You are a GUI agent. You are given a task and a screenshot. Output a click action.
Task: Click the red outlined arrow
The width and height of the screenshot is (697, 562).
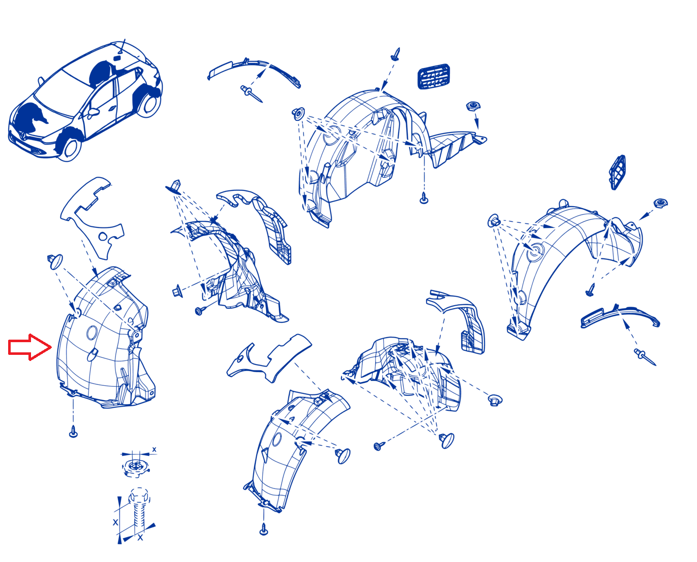pos(30,347)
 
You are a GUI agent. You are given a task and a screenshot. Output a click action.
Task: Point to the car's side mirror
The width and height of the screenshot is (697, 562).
pos(93,112)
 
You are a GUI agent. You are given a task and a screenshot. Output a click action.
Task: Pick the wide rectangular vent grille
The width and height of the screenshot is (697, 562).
pos(433,77)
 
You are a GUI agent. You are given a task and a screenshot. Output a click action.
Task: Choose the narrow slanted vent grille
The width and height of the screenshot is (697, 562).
pos(617,172)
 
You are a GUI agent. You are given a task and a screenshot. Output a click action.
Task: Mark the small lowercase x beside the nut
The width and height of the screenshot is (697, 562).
pos(154,450)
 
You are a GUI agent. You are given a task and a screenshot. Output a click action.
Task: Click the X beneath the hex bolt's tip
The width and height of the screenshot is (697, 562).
pos(140,538)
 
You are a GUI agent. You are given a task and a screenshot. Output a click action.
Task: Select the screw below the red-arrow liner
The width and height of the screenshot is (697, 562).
pos(73,432)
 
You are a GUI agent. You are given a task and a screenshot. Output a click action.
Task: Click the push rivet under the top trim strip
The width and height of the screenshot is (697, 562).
pos(251,93)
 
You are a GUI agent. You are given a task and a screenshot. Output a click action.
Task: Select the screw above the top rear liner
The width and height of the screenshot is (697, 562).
pos(396,54)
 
